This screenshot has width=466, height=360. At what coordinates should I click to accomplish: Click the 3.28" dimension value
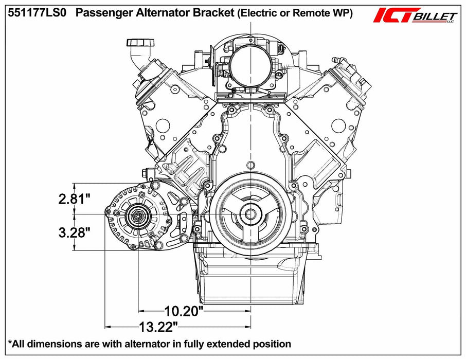pyautogui.click(x=75, y=232)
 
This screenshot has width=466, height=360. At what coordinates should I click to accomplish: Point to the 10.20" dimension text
pyautogui.click(x=184, y=311)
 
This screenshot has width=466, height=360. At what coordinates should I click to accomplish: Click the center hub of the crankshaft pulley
pyautogui.click(x=250, y=214)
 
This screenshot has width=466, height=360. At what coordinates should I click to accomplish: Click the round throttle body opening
pyautogui.click(x=246, y=64)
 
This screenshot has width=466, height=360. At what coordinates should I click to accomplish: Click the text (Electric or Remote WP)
pyautogui.click(x=295, y=14)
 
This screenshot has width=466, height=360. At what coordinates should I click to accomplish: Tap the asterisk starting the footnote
pyautogui.click(x=10, y=343)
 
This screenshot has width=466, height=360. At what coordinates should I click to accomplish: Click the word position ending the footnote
pyautogui.click(x=273, y=344)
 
